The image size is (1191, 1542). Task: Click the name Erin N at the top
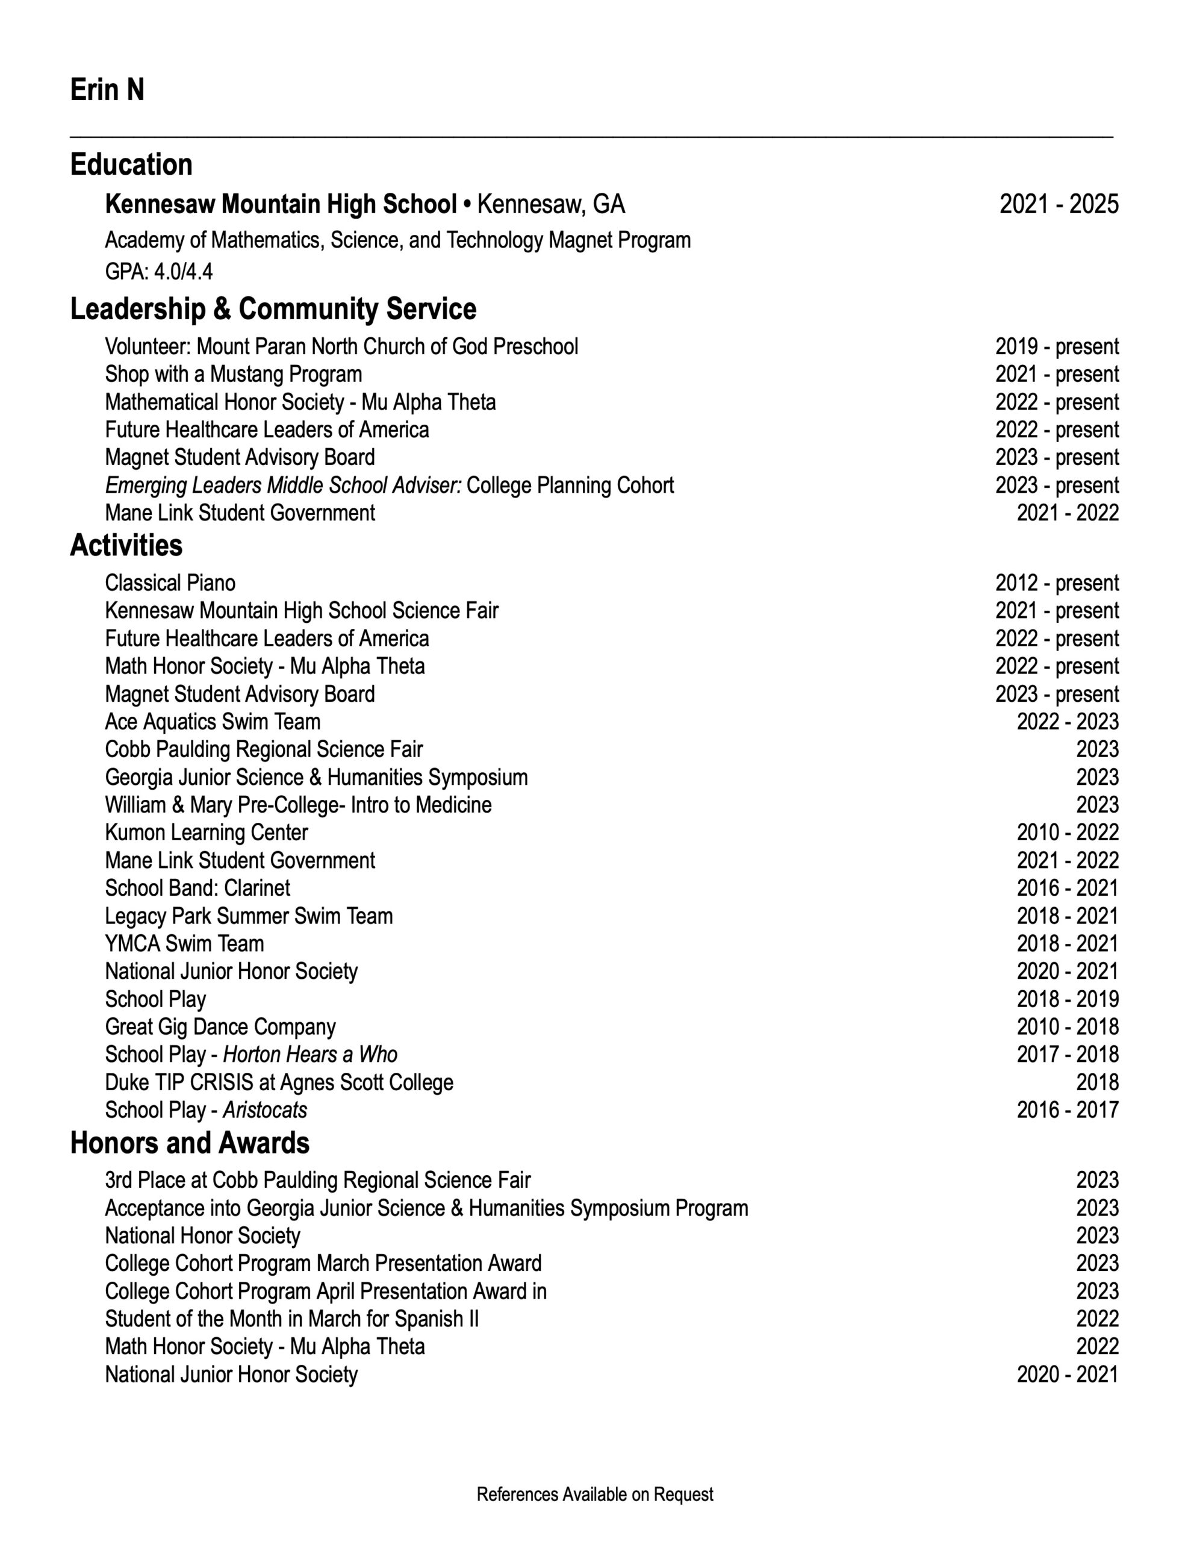(x=107, y=90)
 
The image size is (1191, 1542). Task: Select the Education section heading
(x=131, y=164)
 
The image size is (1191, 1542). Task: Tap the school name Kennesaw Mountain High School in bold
(x=281, y=204)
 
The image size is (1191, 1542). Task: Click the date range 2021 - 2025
(x=1059, y=204)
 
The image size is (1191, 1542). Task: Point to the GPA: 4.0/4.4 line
(x=159, y=271)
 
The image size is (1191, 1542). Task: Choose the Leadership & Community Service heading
(x=273, y=309)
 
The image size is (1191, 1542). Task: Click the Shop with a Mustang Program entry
(x=234, y=374)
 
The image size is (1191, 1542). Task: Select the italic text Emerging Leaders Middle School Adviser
(x=283, y=485)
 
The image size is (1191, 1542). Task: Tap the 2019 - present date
(x=1057, y=347)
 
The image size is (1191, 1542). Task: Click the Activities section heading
(x=126, y=546)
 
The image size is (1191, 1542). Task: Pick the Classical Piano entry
(x=170, y=583)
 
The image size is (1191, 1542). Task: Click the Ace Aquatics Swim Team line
(x=213, y=722)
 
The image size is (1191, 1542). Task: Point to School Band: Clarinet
(x=197, y=888)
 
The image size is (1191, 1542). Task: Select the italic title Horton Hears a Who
(x=310, y=1054)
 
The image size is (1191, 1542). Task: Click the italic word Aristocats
(x=265, y=1110)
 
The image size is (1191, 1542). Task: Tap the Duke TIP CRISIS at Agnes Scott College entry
(x=279, y=1082)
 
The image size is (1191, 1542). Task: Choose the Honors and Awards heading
(x=190, y=1143)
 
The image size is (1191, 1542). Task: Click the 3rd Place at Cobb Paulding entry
(x=318, y=1180)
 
